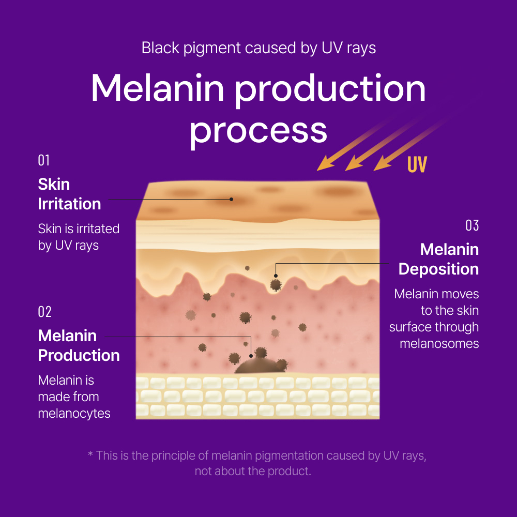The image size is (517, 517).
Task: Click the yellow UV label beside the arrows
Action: [417, 164]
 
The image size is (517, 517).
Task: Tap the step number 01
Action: [44, 160]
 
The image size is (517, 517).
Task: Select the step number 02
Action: [45, 312]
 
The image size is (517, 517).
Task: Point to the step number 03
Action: [472, 225]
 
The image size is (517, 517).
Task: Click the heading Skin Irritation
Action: [70, 194]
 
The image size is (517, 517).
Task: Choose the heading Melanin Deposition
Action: [438, 259]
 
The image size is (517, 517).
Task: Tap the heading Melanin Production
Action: [79, 345]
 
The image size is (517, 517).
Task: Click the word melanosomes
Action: [439, 344]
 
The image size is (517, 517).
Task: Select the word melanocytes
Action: [74, 414]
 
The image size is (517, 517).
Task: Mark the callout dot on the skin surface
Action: [232, 199]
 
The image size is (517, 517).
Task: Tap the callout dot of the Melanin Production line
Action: [251, 356]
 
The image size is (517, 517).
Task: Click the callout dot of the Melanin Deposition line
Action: [276, 276]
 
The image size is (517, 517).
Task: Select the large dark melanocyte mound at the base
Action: [260, 366]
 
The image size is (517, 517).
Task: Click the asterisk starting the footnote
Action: [90, 454]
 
